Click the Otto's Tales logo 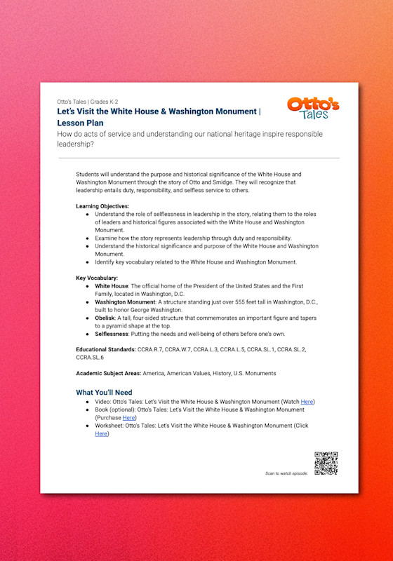[x=312, y=109]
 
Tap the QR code [x=326, y=464]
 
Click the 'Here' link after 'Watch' [x=307, y=402]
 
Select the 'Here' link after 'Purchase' [x=128, y=417]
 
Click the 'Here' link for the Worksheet [x=102, y=434]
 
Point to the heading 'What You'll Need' [x=104, y=392]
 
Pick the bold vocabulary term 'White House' [x=111, y=286]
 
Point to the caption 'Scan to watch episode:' [x=287, y=474]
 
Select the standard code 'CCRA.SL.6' [x=91, y=357]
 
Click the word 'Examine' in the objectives [x=108, y=238]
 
